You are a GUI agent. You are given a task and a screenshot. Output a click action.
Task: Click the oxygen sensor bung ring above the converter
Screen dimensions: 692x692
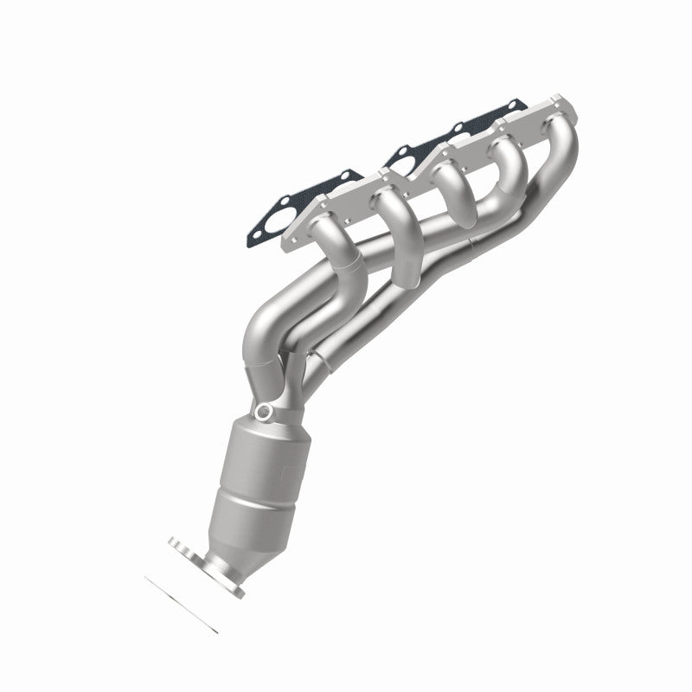click(266, 412)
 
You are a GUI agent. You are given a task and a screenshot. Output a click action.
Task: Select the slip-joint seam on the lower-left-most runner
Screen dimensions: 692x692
click(346, 260)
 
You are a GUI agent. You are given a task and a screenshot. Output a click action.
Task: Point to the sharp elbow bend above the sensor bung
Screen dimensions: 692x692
click(259, 333)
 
